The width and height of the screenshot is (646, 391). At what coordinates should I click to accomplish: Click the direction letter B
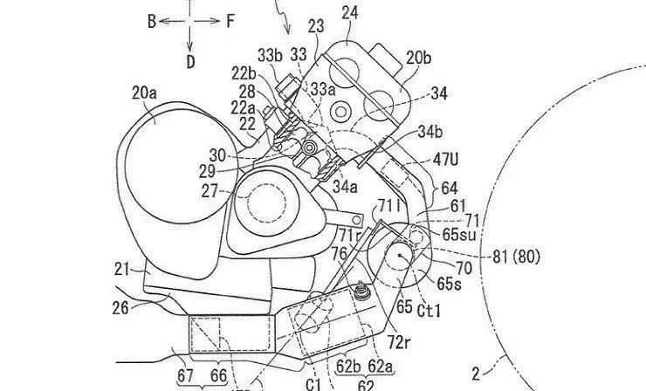[152, 22]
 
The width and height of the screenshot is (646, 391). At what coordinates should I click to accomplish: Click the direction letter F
[230, 21]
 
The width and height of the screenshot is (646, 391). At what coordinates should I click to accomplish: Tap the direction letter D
[190, 62]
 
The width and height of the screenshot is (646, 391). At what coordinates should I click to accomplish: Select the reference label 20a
[144, 93]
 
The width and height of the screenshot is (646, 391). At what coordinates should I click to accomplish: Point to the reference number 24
[350, 14]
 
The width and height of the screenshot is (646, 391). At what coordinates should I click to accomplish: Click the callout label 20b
[418, 58]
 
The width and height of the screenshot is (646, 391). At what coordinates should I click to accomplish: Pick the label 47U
[445, 160]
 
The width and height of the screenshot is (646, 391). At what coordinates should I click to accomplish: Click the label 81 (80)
[516, 257]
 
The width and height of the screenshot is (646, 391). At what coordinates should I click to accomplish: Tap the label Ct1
[429, 311]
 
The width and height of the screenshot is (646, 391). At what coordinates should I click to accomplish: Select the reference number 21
[122, 270]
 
